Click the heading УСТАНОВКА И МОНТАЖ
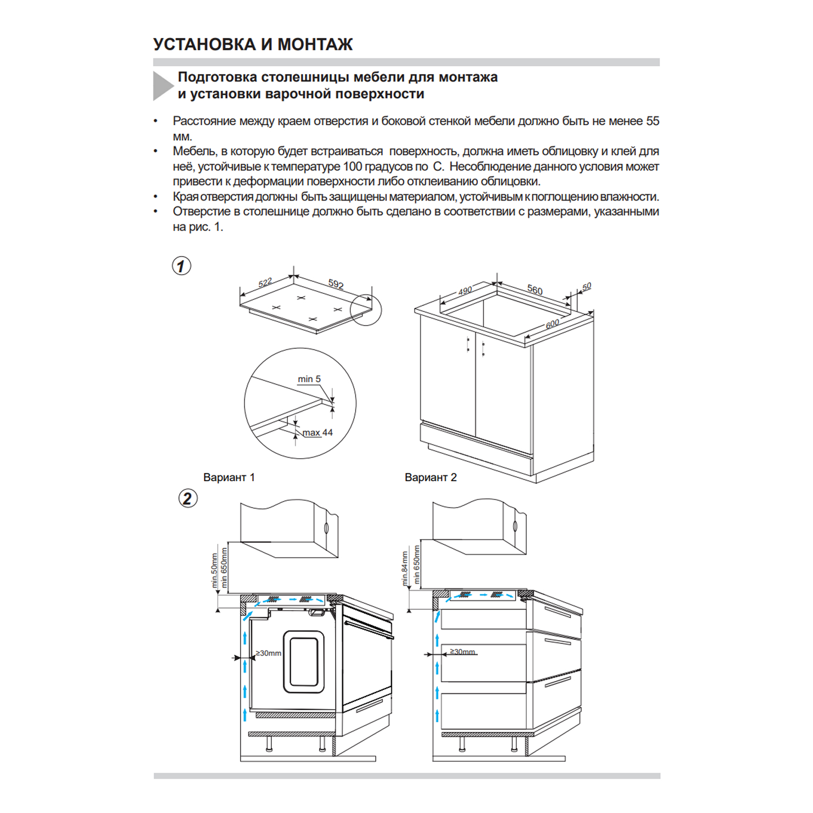point(253,44)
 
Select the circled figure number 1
point(182,266)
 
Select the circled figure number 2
point(188,498)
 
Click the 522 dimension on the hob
point(265,283)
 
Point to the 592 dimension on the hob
point(336,284)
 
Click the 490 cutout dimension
point(465,291)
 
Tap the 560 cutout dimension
point(534,289)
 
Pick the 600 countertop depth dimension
point(552,324)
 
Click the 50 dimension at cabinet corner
point(587,286)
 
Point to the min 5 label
point(309,379)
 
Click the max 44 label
point(318,432)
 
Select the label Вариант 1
point(229,477)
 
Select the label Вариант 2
point(431,477)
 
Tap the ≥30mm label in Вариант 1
point(269,653)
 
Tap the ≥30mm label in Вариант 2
point(463,651)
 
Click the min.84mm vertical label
point(405,569)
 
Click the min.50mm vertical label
point(214,570)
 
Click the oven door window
point(304,661)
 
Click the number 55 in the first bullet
point(653,121)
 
